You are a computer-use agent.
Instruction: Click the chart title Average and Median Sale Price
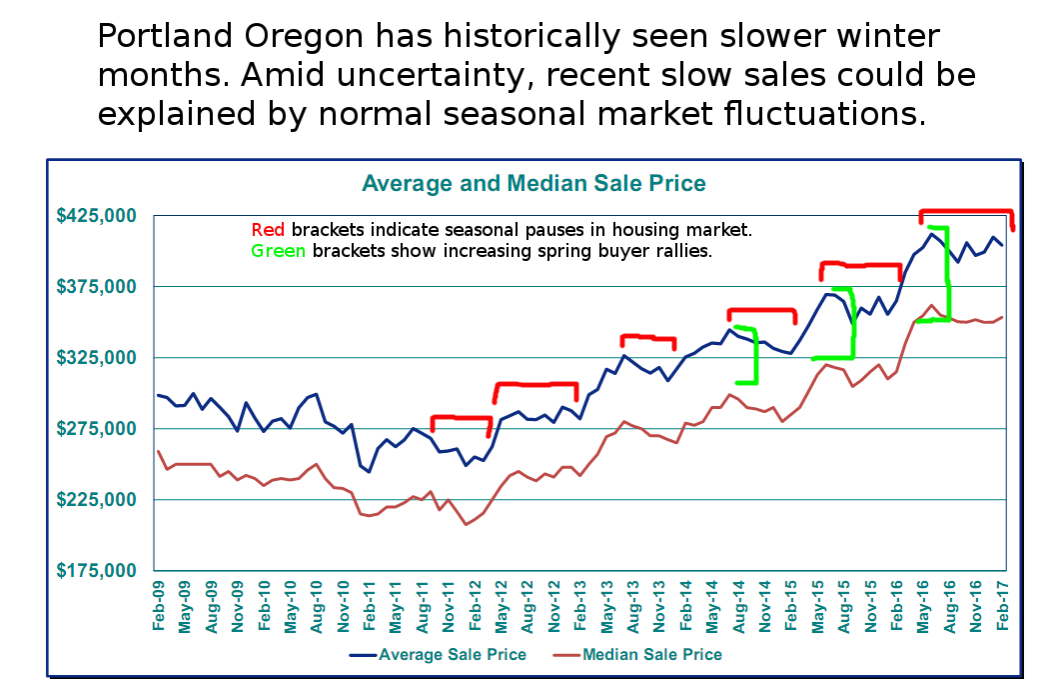pos(533,184)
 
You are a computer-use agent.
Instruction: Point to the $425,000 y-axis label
pos(96,216)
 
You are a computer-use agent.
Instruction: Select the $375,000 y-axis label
pos(96,287)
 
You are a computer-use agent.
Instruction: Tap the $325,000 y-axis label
pos(96,358)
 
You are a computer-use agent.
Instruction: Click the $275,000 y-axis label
pos(96,429)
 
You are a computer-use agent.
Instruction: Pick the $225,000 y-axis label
pos(96,500)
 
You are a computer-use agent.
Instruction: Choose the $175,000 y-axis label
pos(96,571)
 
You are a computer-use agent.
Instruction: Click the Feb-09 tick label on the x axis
pos(159,606)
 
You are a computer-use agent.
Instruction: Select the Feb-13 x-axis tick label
pos(580,606)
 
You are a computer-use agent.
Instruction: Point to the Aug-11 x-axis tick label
pos(423,606)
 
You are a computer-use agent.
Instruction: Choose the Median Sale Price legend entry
pos(649,655)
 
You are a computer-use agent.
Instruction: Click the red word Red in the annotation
pos(268,230)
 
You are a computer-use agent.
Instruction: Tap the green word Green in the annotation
pos(279,250)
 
